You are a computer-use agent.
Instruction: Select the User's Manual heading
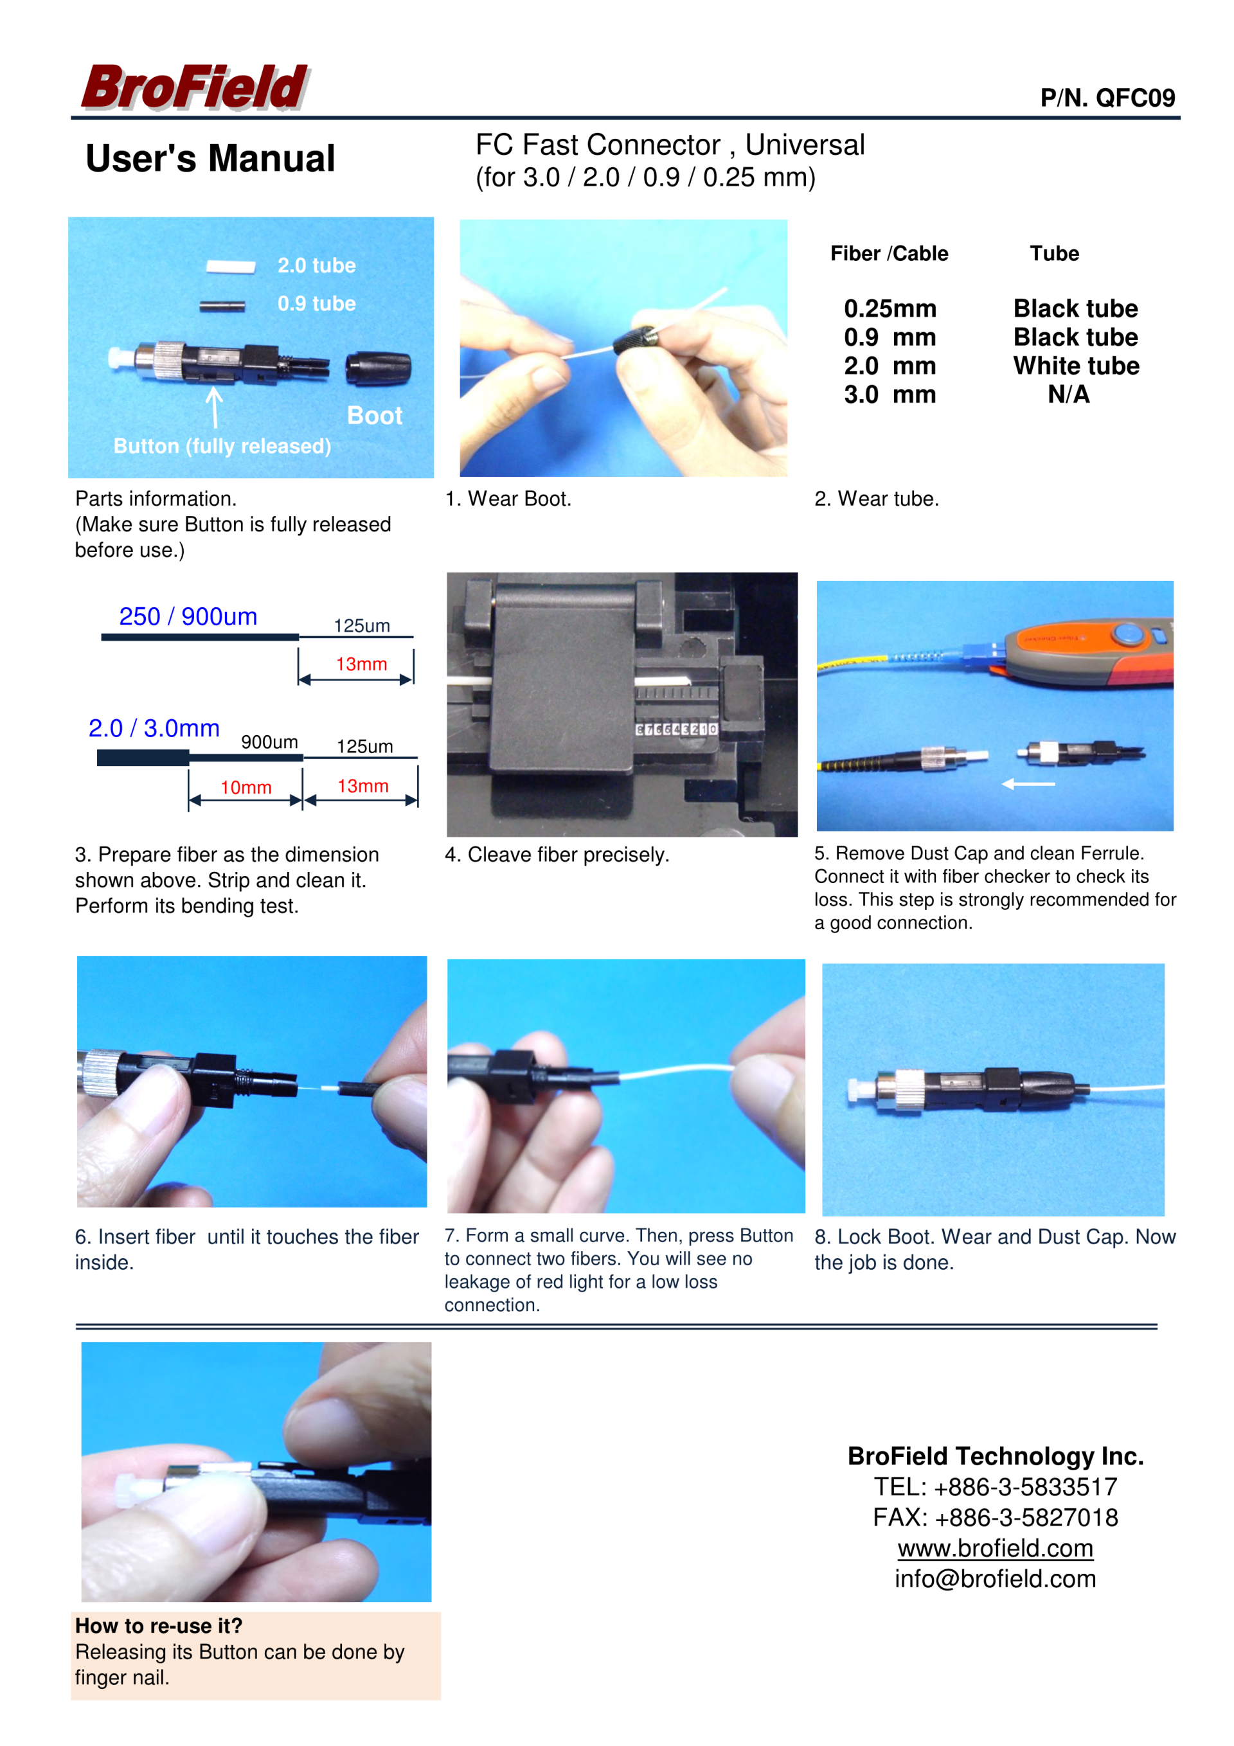coord(210,158)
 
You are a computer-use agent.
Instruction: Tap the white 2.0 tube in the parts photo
coord(231,266)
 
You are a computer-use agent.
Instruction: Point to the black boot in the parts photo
coord(378,368)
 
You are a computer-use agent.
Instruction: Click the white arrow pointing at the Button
coord(215,407)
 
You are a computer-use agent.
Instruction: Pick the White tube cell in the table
coord(1076,366)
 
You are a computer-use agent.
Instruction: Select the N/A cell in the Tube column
coord(1068,395)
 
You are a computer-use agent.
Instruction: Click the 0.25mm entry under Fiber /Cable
coord(890,308)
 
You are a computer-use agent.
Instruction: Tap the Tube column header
coord(1055,253)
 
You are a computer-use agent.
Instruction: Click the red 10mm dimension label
coord(246,787)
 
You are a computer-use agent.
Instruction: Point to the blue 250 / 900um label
coord(188,616)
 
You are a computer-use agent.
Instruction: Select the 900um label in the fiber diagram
coord(269,742)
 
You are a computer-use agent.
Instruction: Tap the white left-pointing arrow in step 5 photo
coord(1028,783)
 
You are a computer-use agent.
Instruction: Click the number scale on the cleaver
coord(676,729)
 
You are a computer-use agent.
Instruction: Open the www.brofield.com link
coord(995,1547)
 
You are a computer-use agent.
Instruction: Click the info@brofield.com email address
coord(995,1579)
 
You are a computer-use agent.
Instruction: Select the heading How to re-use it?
coord(159,1626)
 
